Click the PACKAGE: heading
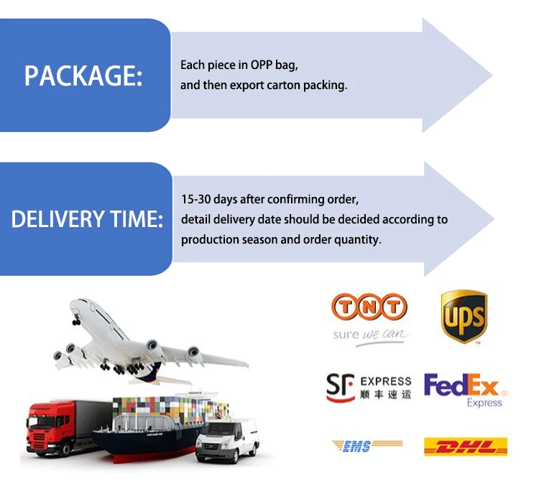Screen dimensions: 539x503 tap(83, 76)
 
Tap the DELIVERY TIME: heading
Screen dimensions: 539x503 tap(87, 219)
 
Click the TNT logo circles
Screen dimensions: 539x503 tap(369, 308)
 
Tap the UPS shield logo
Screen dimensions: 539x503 tap(464, 317)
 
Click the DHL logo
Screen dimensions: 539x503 tap(466, 447)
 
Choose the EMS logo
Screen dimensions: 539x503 tap(359, 447)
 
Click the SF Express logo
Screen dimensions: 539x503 tap(369, 387)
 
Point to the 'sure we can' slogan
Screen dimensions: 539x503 tap(369, 335)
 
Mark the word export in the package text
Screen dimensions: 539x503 tap(247, 85)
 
